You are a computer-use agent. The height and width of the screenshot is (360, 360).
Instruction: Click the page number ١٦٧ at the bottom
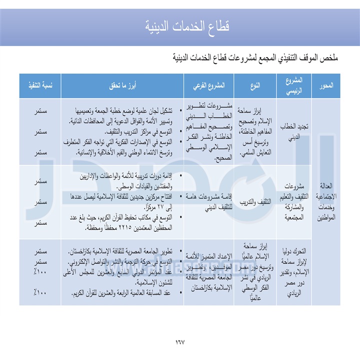point(179,342)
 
